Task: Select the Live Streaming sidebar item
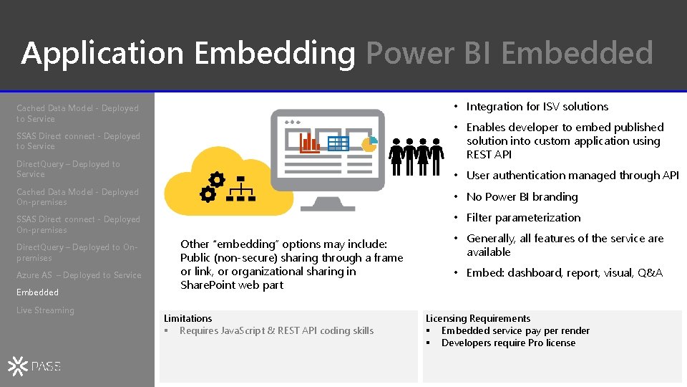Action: coord(45,310)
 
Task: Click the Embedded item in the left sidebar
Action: coord(37,292)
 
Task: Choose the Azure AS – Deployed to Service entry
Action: coord(79,275)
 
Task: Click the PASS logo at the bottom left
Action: coord(34,366)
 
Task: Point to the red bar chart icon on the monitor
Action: coord(310,143)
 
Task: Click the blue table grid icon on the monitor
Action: coord(338,143)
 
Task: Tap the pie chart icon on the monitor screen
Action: coord(369,144)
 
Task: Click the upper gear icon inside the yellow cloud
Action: coord(216,180)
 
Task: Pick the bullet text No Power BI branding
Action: coord(522,196)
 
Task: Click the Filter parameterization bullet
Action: coord(523,218)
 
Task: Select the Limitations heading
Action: coord(188,318)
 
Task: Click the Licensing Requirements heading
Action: coord(478,318)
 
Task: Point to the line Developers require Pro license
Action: coord(508,343)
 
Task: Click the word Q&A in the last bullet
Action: coord(650,273)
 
